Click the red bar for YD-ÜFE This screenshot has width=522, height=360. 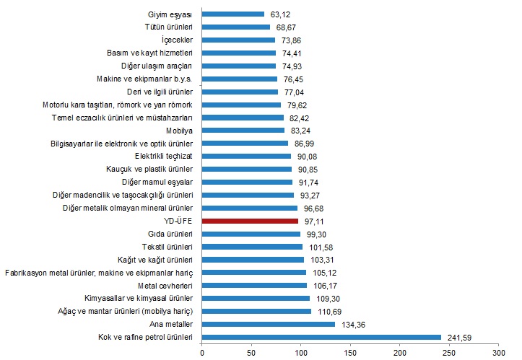(250, 221)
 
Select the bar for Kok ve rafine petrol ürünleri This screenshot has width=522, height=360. (321, 336)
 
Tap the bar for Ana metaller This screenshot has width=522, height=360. (269, 324)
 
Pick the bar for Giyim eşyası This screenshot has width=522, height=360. (233, 14)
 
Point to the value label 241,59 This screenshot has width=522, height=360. (458, 336)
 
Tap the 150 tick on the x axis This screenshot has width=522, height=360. (350, 352)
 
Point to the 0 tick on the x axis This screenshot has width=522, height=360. (202, 352)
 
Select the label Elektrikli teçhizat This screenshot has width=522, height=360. (163, 156)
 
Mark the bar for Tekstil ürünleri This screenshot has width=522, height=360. (253, 246)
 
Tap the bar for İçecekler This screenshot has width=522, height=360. (238, 40)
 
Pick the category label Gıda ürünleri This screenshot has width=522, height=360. (168, 234)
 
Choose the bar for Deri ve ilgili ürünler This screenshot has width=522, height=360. (240, 92)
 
